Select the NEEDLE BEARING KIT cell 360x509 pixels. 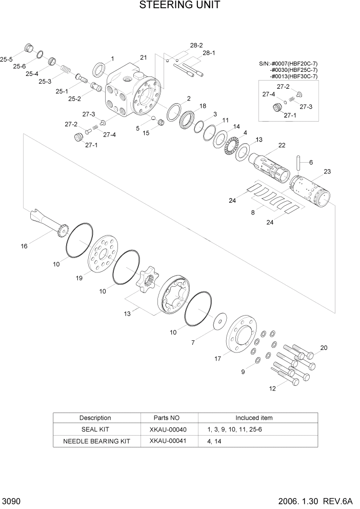[x=96, y=441]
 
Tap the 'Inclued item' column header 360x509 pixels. [x=254, y=418]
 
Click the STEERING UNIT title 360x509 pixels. [x=179, y=6]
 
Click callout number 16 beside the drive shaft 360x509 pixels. [x=24, y=246]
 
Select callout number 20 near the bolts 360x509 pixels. [x=323, y=348]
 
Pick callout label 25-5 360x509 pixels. [x=6, y=60]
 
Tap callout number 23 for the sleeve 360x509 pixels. [x=327, y=172]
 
